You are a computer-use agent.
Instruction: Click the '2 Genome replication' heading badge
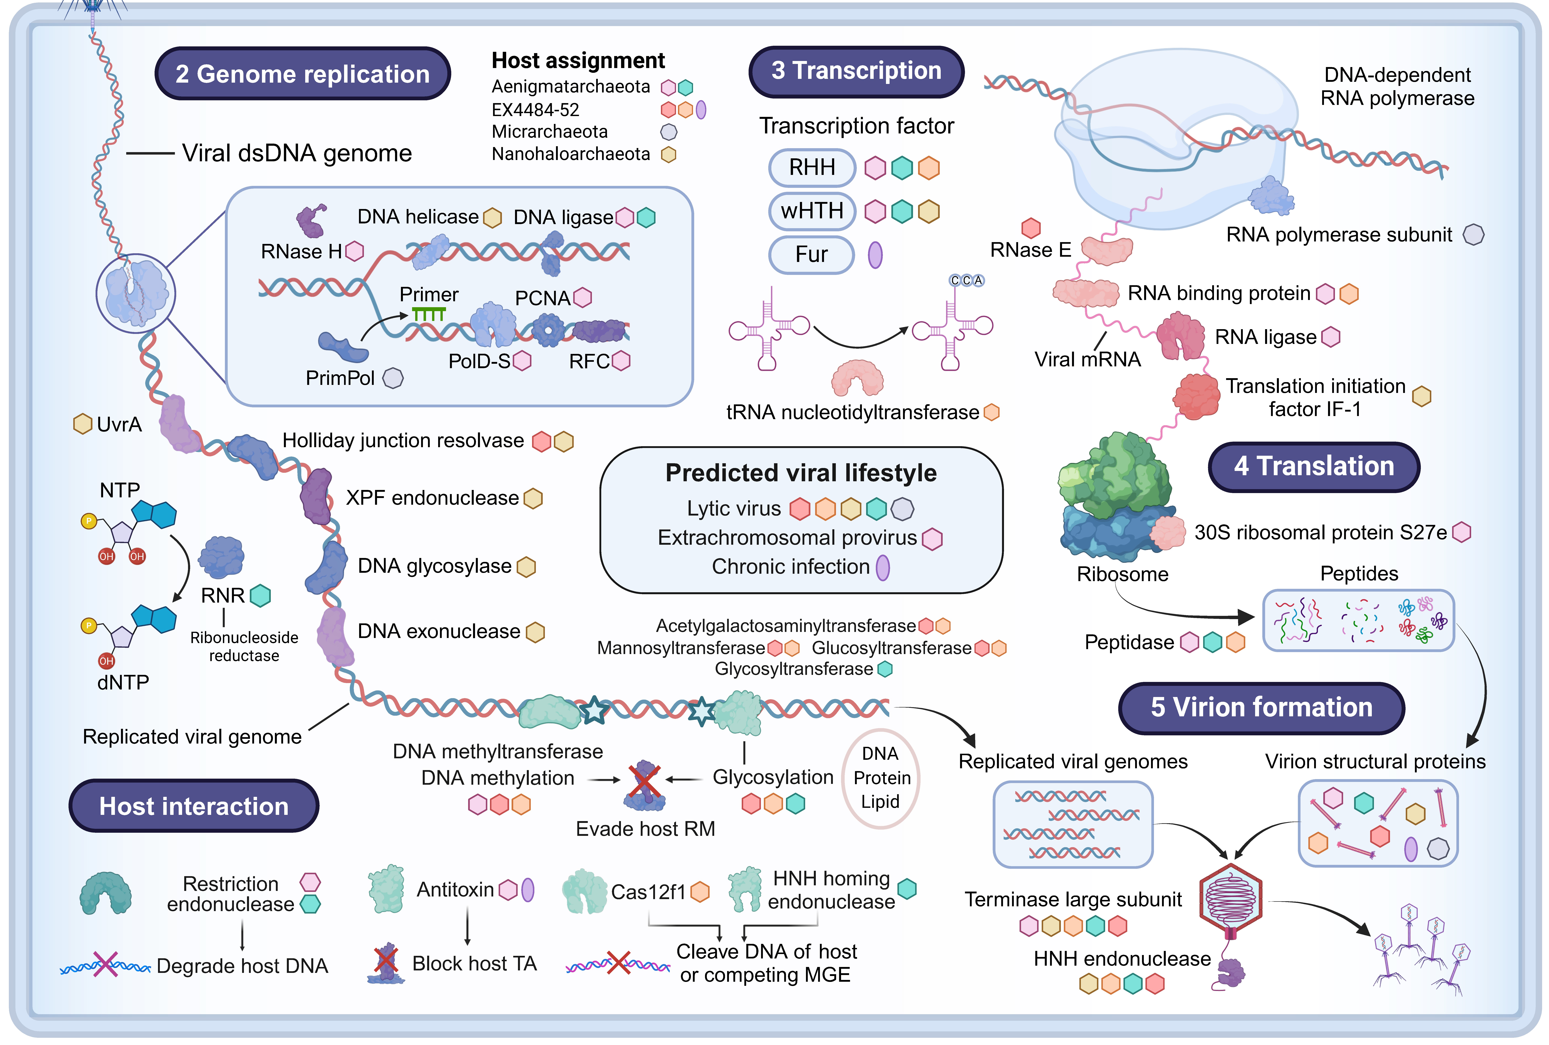point(302,74)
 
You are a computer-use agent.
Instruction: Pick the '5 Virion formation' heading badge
point(1261,708)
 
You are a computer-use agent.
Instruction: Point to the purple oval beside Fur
point(875,255)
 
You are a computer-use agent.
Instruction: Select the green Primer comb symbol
point(428,313)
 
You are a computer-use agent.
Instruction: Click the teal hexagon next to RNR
point(260,596)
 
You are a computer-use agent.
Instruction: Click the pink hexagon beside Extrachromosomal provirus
point(932,538)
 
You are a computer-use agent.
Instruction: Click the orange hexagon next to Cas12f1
point(700,892)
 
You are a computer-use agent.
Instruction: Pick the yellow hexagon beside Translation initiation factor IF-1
point(1422,397)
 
